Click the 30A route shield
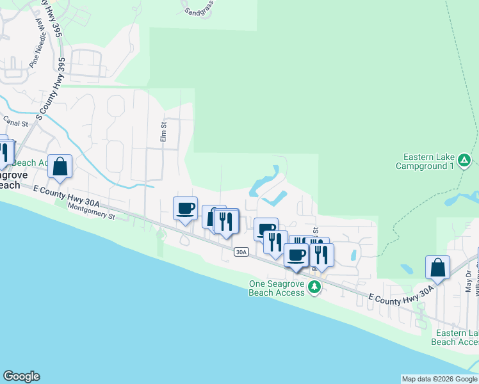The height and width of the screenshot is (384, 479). coord(241,252)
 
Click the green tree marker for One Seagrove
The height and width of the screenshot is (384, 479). coord(314,286)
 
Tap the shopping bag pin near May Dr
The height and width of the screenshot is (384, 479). coord(437,268)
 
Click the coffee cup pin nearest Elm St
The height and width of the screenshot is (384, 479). coord(186,208)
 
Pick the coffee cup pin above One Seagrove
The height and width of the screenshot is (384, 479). coord(296,255)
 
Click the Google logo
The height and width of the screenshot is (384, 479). coord(21,376)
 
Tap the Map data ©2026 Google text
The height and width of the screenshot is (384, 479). coord(439,379)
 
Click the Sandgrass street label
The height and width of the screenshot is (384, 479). coord(199,10)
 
